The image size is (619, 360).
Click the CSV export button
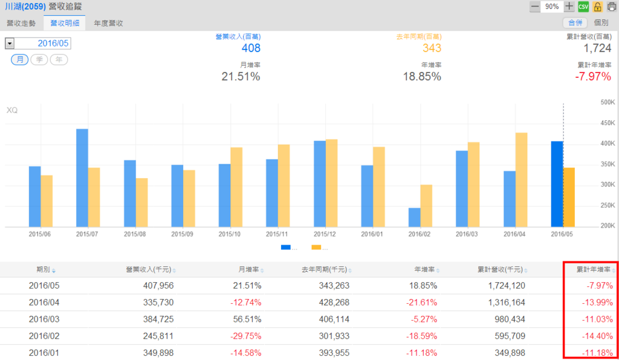point(583,7)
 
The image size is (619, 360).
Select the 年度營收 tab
point(108,23)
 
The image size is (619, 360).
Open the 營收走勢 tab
point(21,23)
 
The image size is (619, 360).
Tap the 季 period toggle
point(39,59)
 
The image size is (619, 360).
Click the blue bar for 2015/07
point(82,178)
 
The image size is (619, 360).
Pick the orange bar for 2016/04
point(521,179)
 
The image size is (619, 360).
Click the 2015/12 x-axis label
point(325,234)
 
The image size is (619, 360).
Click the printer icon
point(611,7)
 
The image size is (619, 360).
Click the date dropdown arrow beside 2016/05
point(10,43)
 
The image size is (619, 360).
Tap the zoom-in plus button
point(569,7)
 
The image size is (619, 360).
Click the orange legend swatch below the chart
point(316,247)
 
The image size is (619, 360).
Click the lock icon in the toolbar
point(598,7)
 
